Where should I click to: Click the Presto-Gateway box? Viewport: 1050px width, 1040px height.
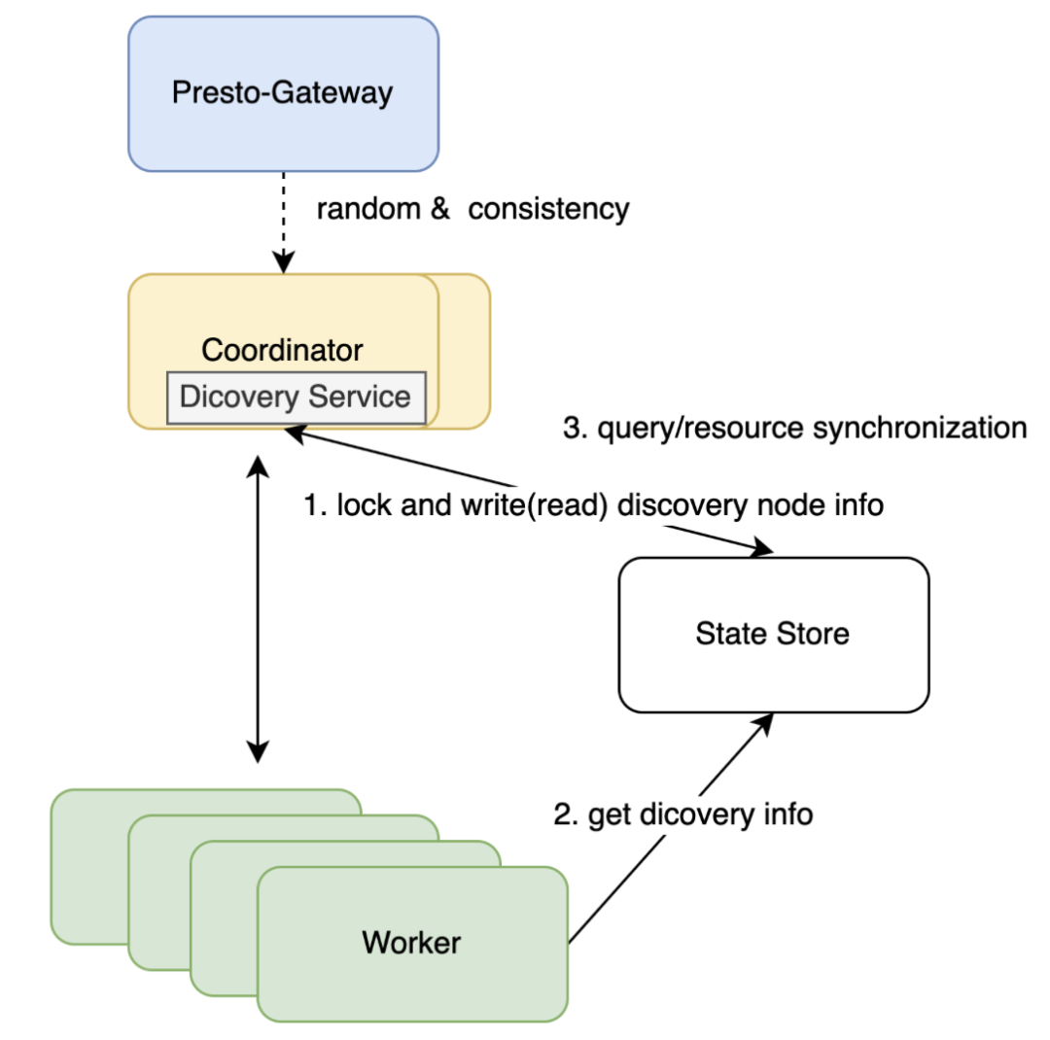point(283,93)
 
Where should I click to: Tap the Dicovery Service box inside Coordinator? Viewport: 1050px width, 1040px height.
point(296,398)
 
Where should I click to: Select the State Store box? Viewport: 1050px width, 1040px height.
point(774,634)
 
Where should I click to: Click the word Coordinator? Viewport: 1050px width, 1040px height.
point(282,350)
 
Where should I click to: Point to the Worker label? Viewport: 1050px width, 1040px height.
point(411,943)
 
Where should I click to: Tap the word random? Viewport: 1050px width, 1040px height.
point(368,209)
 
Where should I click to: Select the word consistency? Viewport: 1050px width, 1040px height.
point(548,210)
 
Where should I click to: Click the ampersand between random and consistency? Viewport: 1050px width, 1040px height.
point(440,208)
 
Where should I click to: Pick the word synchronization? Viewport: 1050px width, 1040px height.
point(920,428)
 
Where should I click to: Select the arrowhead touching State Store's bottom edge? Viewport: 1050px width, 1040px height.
point(764,723)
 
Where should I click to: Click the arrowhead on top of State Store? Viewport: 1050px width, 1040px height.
point(761,547)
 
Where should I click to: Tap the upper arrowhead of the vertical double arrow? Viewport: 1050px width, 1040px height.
point(258,467)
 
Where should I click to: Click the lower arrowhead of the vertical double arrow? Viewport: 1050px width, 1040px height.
point(258,752)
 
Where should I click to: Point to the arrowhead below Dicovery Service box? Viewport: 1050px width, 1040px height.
point(296,434)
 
